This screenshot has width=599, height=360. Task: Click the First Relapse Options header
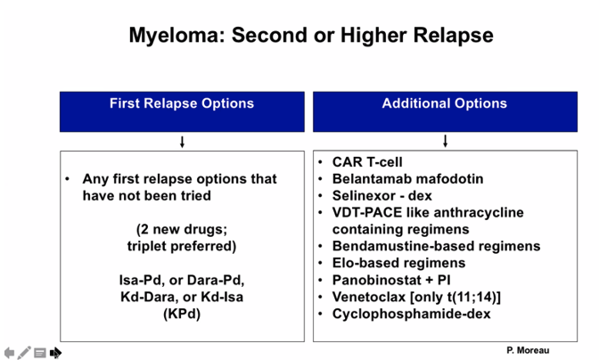point(182,103)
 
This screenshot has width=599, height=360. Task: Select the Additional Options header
point(445,103)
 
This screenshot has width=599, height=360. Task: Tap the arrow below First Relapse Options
point(182,142)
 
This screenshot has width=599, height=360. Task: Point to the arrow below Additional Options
point(445,142)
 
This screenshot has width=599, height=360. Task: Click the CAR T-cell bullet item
point(367,162)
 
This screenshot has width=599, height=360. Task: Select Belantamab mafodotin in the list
point(407,179)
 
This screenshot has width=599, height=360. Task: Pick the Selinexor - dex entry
point(382,195)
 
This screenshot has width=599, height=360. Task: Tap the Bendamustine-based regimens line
point(436,246)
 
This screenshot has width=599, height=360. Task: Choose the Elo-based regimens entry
point(398,263)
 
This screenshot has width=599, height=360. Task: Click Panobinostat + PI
point(391,280)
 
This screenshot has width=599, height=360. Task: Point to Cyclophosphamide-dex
point(412,314)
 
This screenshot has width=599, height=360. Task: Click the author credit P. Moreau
point(528,350)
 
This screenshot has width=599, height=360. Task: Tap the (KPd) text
point(182,314)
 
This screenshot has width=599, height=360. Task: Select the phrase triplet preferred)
point(182,246)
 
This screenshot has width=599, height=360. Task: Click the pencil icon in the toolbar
point(24,352)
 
